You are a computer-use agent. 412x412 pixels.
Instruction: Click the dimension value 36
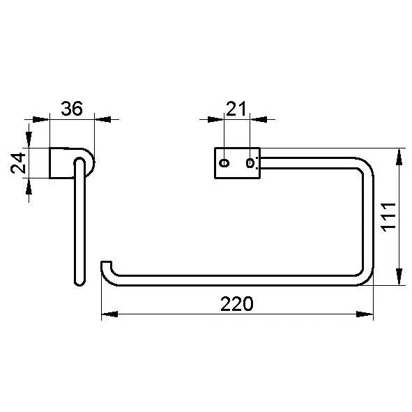(72, 108)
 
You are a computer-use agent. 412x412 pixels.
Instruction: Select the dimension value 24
(18, 163)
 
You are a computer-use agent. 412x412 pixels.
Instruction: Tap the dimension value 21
(236, 109)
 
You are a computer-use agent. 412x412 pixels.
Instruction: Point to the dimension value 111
(388, 217)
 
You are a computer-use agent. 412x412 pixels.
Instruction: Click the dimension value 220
(237, 304)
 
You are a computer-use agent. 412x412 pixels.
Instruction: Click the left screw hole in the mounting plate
(224, 163)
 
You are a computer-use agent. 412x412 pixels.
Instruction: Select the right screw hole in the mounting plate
(250, 163)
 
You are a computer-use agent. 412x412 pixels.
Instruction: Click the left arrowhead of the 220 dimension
(109, 314)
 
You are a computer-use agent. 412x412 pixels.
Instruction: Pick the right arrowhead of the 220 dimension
(365, 314)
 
